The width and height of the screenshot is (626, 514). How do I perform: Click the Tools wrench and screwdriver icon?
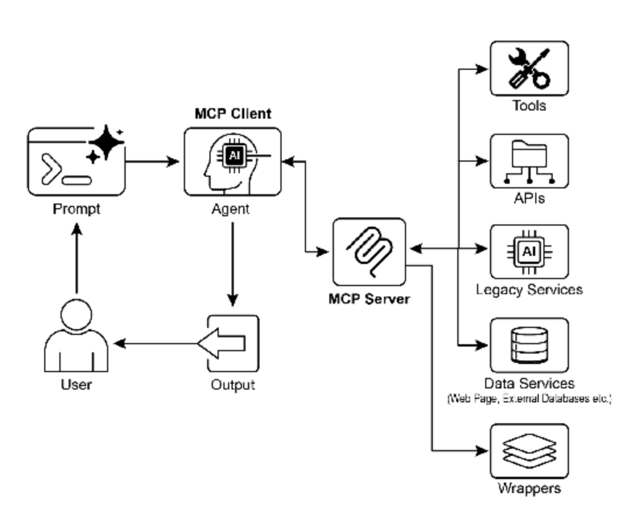coord(528,69)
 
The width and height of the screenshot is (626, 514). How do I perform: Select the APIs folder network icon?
coord(528,161)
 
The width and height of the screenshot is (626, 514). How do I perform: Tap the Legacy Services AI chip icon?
coord(528,251)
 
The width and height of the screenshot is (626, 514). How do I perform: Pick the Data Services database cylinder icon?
coord(528,344)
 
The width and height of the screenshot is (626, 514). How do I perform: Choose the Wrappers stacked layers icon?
coord(528,451)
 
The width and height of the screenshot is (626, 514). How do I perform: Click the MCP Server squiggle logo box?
coord(369,251)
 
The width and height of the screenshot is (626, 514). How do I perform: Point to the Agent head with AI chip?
coord(232,162)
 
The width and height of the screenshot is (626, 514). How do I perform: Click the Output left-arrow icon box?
coord(232,344)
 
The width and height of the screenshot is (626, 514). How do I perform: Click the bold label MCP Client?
coord(233,113)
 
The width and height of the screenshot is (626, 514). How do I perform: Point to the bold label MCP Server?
coord(369,299)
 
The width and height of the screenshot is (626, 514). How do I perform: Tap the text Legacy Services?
coord(529,289)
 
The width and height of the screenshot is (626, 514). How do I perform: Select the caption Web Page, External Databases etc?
coord(529,399)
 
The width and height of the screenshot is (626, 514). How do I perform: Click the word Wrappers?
coord(529,488)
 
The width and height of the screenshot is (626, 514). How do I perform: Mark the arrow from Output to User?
coord(157,344)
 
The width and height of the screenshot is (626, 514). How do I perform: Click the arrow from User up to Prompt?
coord(76,256)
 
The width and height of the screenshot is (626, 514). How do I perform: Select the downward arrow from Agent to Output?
coord(232,262)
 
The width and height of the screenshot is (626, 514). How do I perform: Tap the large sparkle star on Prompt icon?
coord(107,141)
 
